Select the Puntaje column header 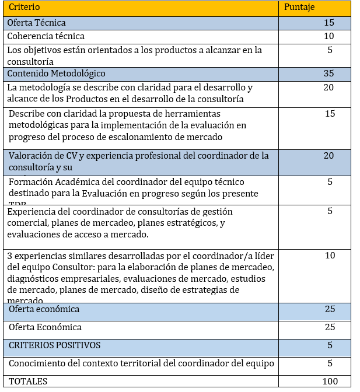pos(300,9)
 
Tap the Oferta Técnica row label pos(36,23)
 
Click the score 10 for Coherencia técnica pos(329,36)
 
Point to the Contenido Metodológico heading pos(56,73)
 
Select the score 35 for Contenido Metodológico pos(329,73)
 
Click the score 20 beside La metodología pos(329,87)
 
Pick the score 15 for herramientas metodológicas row pos(330,114)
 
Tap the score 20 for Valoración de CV pos(329,155)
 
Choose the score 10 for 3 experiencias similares pos(330,256)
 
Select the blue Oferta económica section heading pos(44,309)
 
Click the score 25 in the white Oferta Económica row pos(330,327)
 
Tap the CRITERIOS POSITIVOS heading pos(55,345)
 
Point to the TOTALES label pos(27,381)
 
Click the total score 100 pos(330,381)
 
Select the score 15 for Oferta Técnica pos(329,23)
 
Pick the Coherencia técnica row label pos(46,36)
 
